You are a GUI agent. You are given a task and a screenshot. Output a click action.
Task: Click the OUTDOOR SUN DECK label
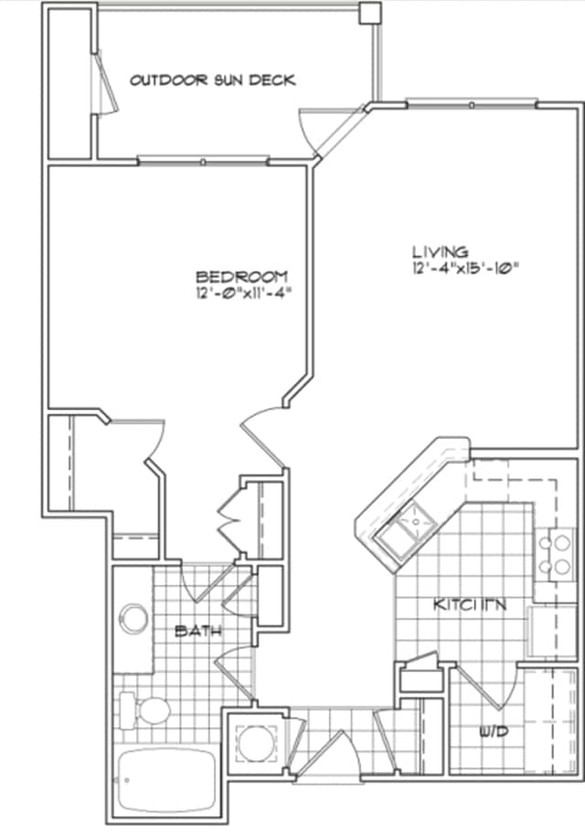click(x=212, y=80)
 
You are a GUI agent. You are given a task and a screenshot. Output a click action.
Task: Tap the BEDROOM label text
click(x=243, y=276)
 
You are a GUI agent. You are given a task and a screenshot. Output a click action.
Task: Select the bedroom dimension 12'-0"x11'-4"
click(x=243, y=294)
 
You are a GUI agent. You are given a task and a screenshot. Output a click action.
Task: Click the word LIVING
click(x=440, y=251)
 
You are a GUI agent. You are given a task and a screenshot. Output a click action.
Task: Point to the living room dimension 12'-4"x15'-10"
click(x=464, y=268)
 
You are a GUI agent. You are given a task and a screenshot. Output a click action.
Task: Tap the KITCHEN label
click(x=470, y=605)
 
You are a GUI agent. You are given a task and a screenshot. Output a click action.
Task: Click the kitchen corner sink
click(x=409, y=529)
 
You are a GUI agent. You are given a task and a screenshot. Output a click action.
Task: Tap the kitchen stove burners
click(x=554, y=554)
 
